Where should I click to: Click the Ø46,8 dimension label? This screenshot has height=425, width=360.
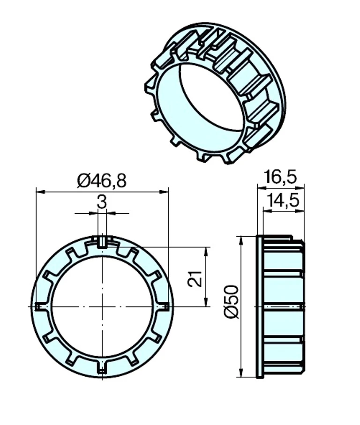pyautogui.click(x=102, y=180)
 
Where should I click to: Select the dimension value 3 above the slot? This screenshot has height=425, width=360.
pyautogui.click(x=102, y=202)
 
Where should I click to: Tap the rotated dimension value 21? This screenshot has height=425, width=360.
pyautogui.click(x=196, y=278)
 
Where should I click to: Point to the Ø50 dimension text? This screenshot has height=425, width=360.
pyautogui.click(x=231, y=301)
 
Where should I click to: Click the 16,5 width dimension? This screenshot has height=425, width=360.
pyautogui.click(x=280, y=177)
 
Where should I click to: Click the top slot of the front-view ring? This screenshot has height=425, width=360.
pyautogui.click(x=102, y=241)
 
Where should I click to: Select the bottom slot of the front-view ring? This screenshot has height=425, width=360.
pyautogui.click(x=102, y=369)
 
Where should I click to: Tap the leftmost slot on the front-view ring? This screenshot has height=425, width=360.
pyautogui.click(x=39, y=306)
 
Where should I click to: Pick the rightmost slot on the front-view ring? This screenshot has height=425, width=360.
pyautogui.click(x=165, y=306)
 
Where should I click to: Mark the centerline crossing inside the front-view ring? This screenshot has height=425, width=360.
pyautogui.click(x=102, y=306)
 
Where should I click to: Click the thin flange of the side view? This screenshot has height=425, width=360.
pyautogui.click(x=260, y=306)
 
